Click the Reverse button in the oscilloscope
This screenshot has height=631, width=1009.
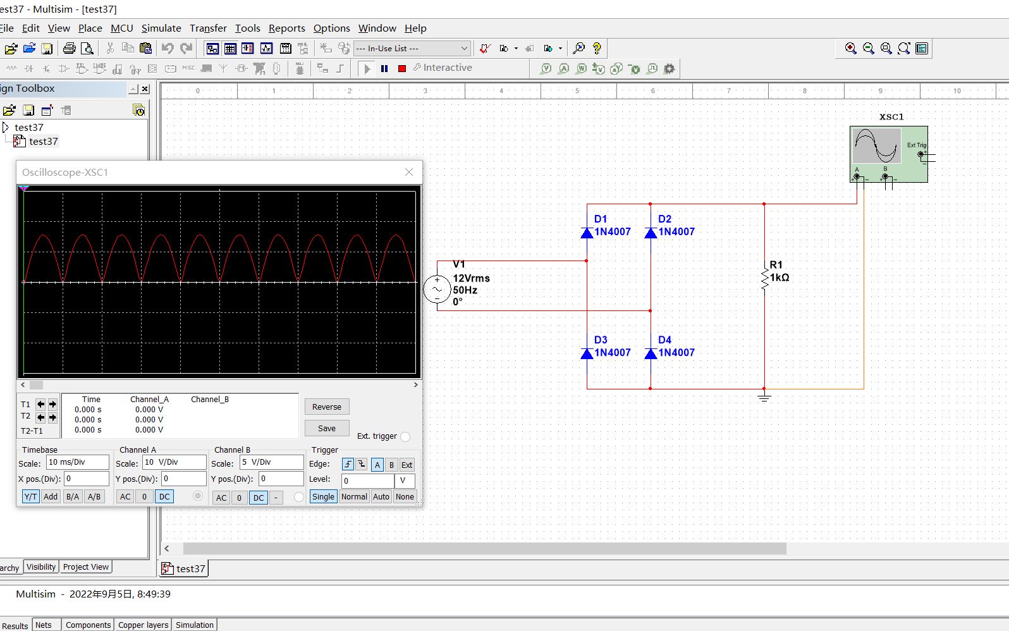tap(326, 407)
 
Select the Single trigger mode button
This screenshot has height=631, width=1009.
tap(323, 496)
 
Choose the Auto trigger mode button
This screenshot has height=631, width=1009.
tap(381, 496)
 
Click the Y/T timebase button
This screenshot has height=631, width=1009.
tap(30, 496)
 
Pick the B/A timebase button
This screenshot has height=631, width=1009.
tap(73, 496)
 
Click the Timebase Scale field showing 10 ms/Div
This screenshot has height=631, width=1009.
tap(77, 462)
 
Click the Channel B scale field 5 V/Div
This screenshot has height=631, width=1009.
tap(271, 462)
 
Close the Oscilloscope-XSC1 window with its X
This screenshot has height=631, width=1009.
tap(409, 172)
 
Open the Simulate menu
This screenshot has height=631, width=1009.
tap(161, 28)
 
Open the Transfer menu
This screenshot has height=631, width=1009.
tap(208, 28)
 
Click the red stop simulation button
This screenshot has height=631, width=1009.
tap(402, 68)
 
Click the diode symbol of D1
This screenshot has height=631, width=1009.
tap(587, 233)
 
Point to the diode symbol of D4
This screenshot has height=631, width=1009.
tap(651, 353)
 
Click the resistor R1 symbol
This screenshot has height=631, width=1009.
tap(764, 277)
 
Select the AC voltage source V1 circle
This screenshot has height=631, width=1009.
tap(437, 290)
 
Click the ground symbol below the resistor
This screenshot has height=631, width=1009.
tap(764, 397)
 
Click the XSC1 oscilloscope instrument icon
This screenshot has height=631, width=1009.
tap(888, 154)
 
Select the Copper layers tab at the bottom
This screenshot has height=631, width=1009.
tap(144, 625)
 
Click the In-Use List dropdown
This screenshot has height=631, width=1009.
tap(412, 48)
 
